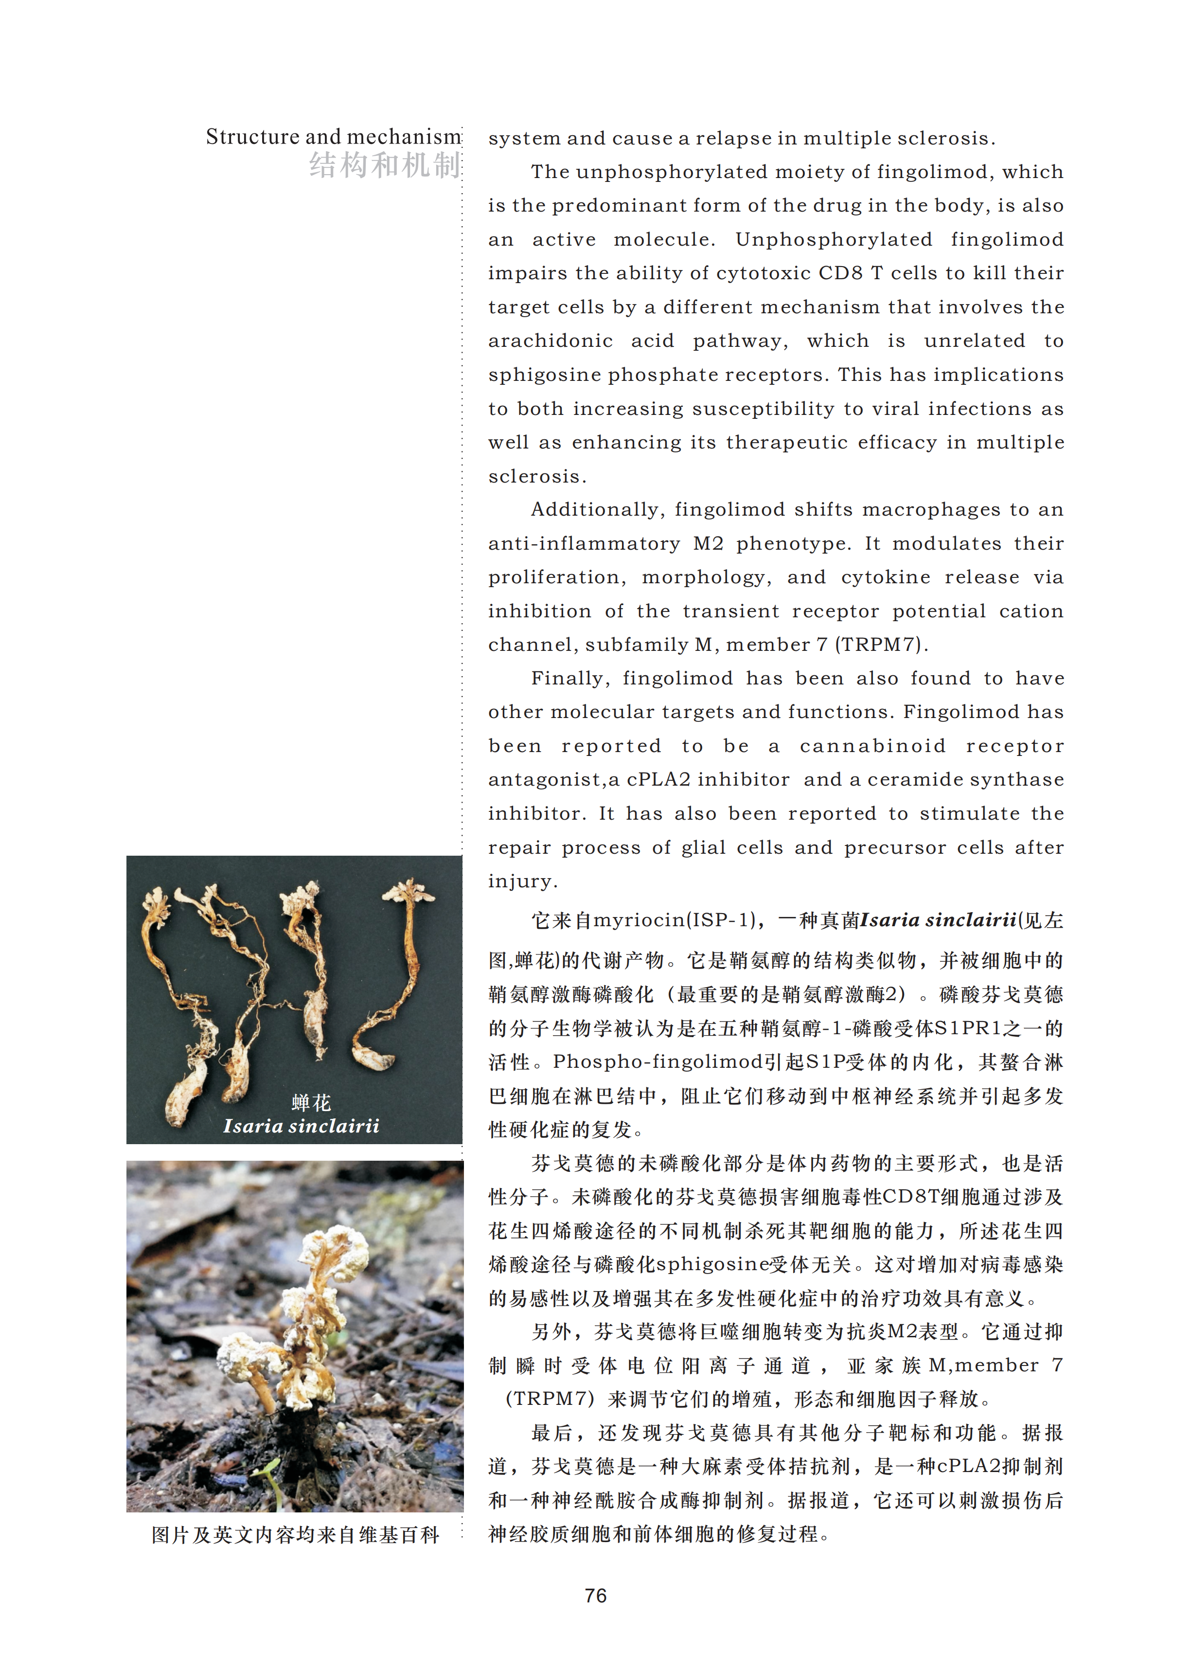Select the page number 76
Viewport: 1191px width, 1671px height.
(595, 1596)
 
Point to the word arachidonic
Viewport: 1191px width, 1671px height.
(550, 341)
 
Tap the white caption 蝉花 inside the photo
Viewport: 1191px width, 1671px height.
(310, 1102)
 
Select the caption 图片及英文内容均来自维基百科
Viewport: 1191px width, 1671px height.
(295, 1535)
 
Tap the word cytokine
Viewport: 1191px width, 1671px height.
(885, 577)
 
